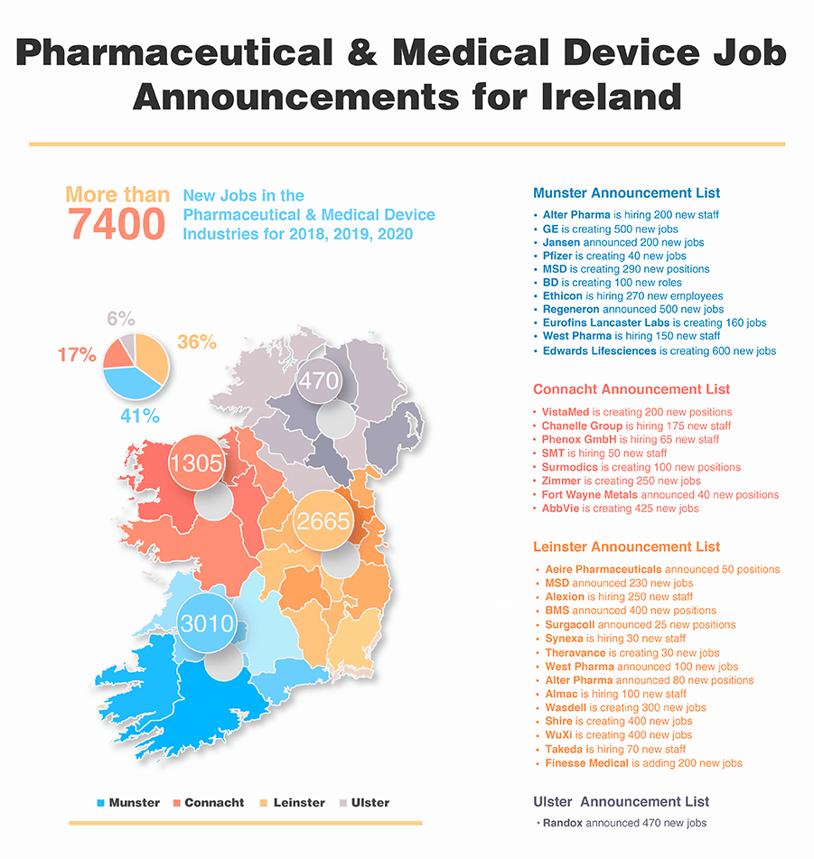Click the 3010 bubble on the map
point(208,623)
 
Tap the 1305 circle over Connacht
point(196,462)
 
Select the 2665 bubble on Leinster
point(322,521)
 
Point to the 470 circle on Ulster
point(319,381)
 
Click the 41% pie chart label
point(140,416)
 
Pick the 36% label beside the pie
point(196,342)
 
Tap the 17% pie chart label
point(77,355)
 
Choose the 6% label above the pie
point(120,318)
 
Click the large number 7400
point(117,224)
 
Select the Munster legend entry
point(128,802)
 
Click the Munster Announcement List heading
point(626,193)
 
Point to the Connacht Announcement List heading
point(631,389)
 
